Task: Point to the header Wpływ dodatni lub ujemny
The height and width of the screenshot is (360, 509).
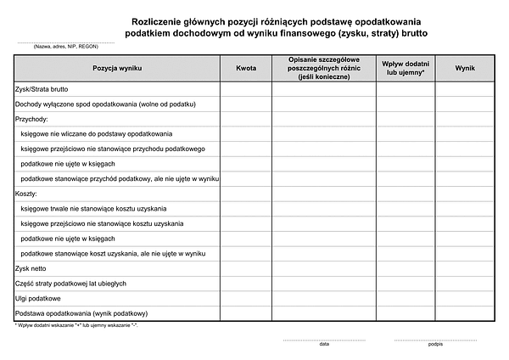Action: point(406,67)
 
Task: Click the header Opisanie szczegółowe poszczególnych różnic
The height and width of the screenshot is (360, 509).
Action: point(324,67)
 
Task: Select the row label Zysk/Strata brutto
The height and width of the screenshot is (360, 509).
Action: point(42,88)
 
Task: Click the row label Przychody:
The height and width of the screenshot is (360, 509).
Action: point(32,119)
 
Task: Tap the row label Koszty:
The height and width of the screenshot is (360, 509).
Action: point(27,194)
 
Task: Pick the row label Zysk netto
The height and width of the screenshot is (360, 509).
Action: point(33,268)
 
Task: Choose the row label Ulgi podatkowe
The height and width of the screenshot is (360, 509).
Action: point(38,298)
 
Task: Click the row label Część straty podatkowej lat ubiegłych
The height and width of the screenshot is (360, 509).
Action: point(71,283)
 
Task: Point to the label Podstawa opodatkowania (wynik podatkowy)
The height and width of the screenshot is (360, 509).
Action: point(81,313)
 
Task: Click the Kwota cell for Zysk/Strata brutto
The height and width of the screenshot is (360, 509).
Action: point(246,88)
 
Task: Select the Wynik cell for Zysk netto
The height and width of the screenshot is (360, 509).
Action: point(464,268)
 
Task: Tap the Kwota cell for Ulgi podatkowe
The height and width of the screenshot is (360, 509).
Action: point(246,298)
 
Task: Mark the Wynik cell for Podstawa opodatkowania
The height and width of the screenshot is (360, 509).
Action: point(464,313)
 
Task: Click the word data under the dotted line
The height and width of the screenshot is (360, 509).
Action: point(324,344)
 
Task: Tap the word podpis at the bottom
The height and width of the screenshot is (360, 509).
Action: point(435,344)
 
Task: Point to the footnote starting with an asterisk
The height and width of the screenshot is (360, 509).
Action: point(76,325)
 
